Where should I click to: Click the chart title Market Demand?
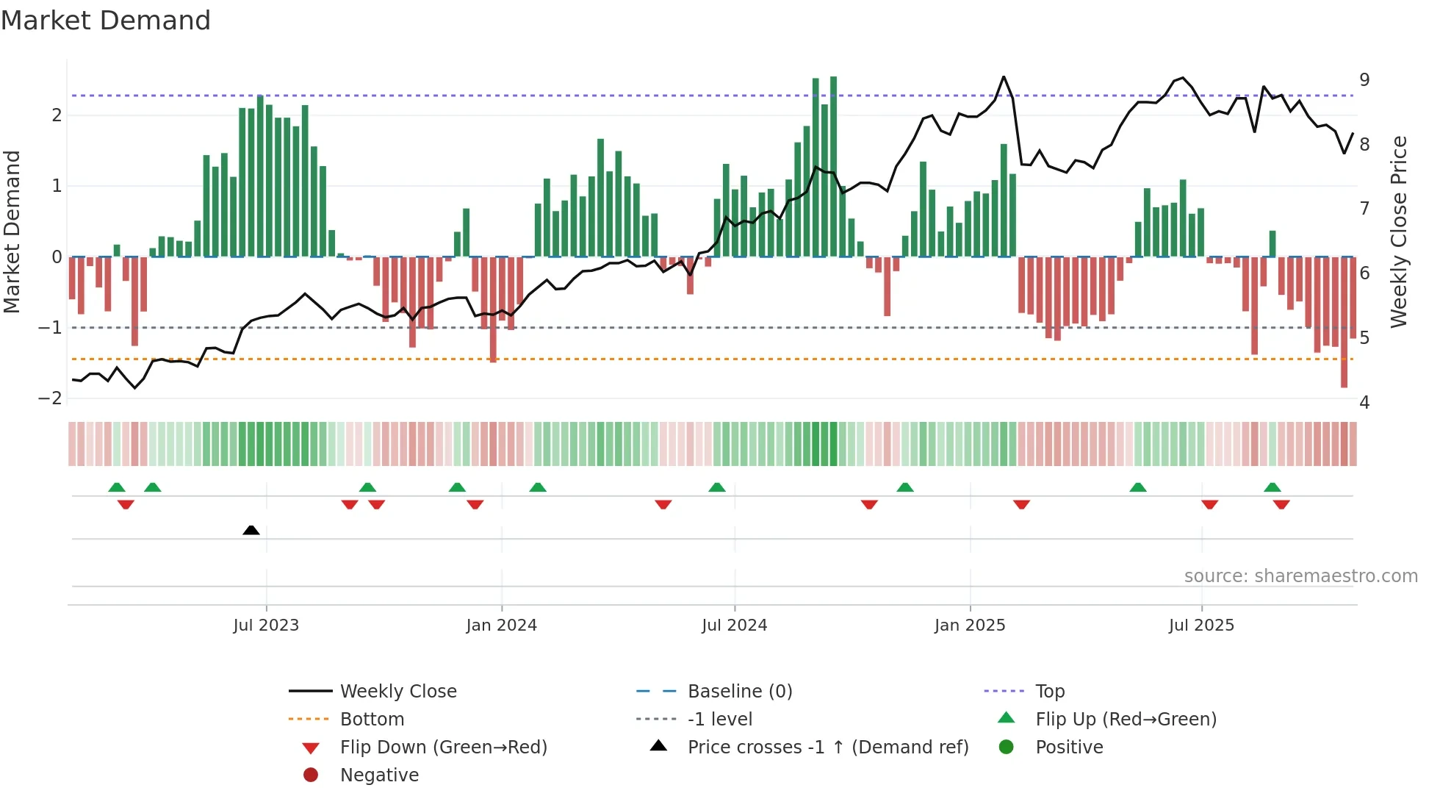tap(106, 21)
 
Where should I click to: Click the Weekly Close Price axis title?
tap(1399, 232)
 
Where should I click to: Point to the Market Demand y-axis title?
tap(12, 232)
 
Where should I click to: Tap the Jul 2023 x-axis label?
tap(266, 626)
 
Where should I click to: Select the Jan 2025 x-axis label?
tap(970, 626)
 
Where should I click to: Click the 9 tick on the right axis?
tap(1364, 79)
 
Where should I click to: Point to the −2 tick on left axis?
tap(51, 398)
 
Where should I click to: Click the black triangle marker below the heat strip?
tap(251, 530)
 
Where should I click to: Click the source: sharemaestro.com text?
tap(1300, 576)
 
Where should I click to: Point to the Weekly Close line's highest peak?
tap(1004, 76)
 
